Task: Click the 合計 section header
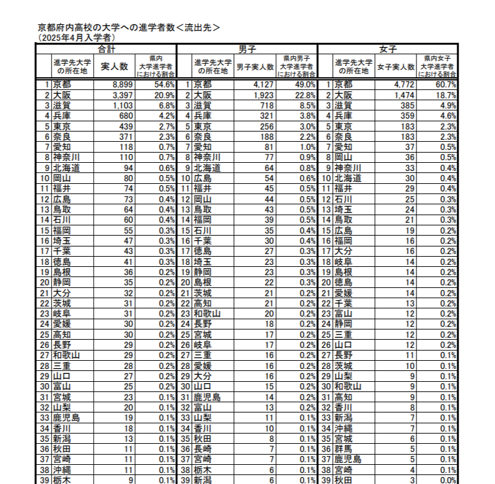[107, 49]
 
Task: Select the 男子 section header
[247, 49]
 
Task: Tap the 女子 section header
[387, 49]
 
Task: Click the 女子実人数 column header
[395, 66]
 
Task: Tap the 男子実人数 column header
[255, 66]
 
